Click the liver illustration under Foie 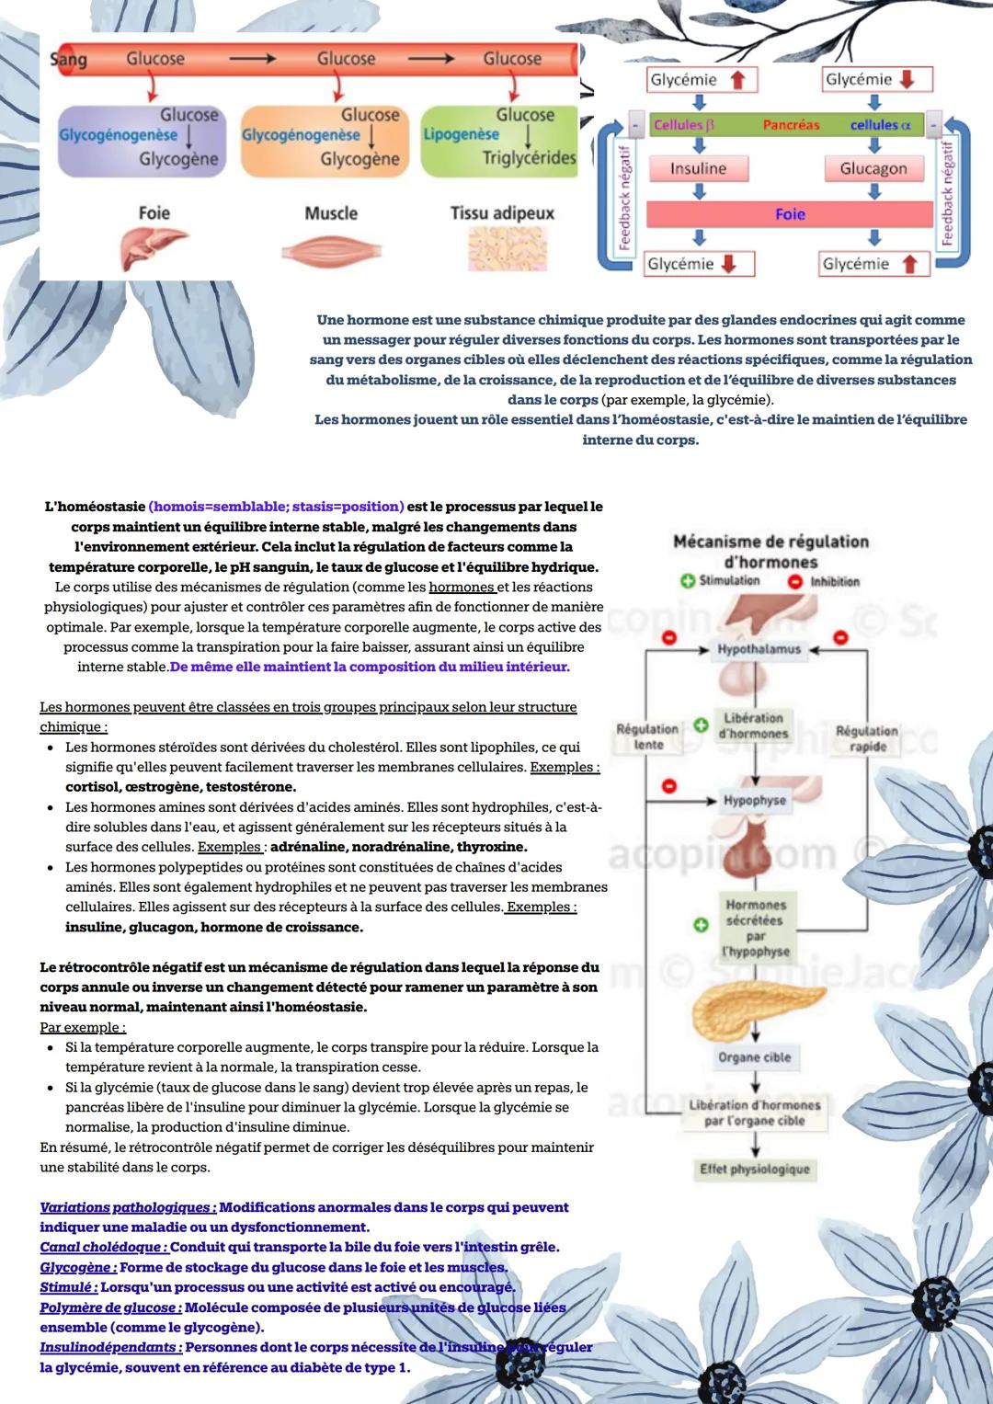153,247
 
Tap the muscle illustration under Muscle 330,250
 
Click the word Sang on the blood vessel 69,59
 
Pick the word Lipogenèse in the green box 461,134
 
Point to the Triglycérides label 529,158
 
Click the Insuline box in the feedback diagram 698,168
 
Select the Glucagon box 873,168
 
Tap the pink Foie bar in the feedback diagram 789,214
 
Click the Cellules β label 684,124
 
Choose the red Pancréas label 791,124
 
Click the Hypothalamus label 759,649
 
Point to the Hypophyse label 754,800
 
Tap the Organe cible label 754,1057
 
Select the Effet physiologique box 754,1169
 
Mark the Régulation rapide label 866,738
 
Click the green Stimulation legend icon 687,581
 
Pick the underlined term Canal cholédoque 103,1248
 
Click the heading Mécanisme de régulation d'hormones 770,552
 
